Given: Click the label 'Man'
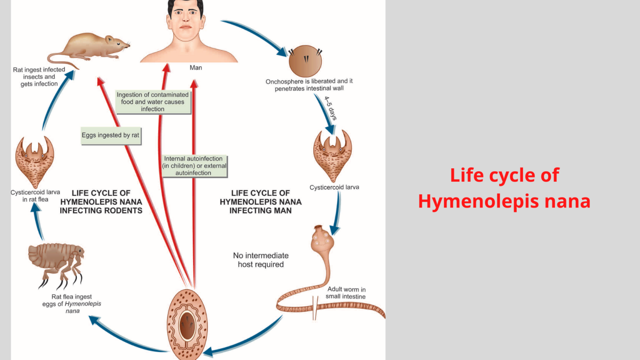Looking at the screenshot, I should coord(196,67).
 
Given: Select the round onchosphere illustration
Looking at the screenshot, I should coord(305,61).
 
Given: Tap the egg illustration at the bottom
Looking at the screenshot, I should coord(187,325).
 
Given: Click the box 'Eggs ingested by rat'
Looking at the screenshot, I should coord(111,135).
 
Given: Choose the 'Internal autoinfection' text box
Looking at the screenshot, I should coord(194,166).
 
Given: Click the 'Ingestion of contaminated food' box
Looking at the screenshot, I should coord(153,102).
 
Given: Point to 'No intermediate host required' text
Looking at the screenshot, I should coord(261,260).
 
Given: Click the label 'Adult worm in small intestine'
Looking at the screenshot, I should coord(346,293).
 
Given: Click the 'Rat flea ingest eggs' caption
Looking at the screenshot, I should coord(72,304).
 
